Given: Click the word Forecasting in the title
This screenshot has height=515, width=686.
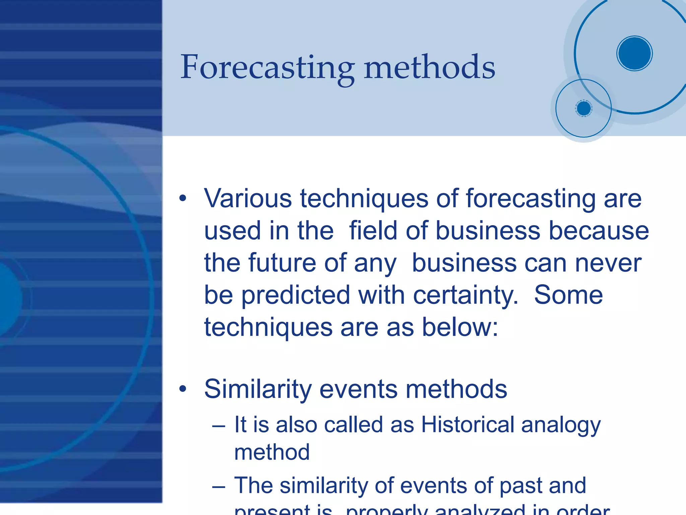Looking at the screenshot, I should [267, 68].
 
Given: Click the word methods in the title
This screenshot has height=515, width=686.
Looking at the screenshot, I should [429, 68].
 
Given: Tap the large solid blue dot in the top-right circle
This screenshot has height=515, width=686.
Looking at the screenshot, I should [634, 53].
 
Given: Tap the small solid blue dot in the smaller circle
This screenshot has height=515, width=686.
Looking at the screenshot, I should [584, 108].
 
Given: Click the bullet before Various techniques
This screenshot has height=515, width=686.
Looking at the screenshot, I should [183, 198].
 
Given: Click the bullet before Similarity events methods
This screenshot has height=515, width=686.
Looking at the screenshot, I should [183, 389].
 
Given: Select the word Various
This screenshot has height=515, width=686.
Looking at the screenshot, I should [248, 199].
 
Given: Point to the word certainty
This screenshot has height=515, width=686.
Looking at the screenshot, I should [466, 295].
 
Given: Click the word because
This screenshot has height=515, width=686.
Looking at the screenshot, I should [599, 231].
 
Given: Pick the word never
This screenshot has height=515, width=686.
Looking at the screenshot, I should [608, 263].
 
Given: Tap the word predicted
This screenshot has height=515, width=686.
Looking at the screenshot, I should [295, 295].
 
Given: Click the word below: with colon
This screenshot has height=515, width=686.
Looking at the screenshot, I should [460, 327].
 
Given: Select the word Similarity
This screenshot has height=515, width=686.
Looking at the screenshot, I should [258, 389].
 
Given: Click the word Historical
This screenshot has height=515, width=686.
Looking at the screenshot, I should [468, 425].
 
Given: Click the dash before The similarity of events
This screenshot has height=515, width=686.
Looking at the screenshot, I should [218, 487].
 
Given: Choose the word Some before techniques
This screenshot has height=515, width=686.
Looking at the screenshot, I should [568, 295].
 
